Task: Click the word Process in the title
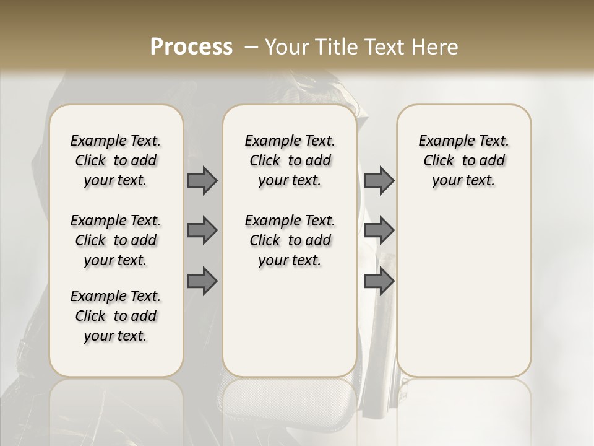191,47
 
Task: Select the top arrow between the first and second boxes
202,181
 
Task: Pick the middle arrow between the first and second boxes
202,230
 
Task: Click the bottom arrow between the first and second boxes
202,282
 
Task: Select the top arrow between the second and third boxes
379,181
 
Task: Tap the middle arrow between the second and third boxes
379,230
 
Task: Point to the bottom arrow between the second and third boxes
379,282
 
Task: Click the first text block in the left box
116,160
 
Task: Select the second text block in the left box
116,240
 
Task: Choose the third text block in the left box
116,316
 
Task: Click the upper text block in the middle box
290,160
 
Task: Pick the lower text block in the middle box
290,240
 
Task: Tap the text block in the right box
463,160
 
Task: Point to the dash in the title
251,47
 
